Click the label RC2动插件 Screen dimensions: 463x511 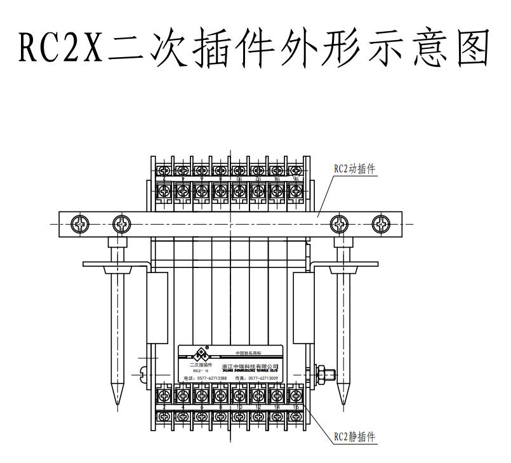tap(354, 169)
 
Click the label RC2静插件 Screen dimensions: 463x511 tap(354, 437)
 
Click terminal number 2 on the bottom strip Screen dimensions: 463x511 tap(164, 406)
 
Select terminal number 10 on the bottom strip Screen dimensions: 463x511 tap(239, 406)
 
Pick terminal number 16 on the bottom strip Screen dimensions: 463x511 tap(296, 406)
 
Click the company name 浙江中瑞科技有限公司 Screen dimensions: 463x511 tap(250, 366)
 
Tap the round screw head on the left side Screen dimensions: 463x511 tap(143, 375)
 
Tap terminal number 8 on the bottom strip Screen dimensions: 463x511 tap(221, 406)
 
